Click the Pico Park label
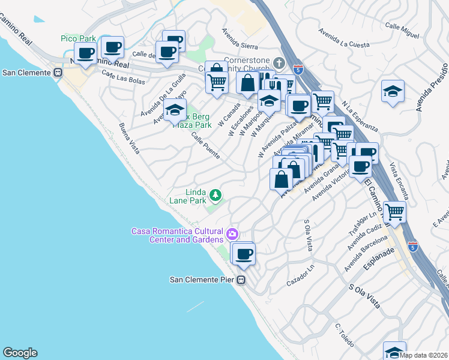78,38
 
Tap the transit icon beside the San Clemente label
58,73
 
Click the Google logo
20,353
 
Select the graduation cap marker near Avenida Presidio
393,91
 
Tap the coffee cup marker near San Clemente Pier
243,254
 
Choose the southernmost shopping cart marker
394,212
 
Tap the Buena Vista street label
129,139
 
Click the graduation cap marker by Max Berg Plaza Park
175,110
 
